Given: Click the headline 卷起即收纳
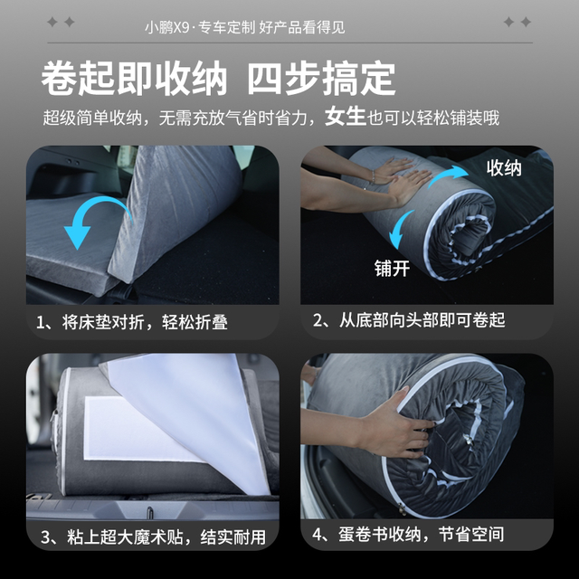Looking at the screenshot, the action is tap(134, 79).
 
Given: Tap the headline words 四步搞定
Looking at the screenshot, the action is tap(321, 79).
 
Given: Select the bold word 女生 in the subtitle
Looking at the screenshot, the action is tap(346, 117).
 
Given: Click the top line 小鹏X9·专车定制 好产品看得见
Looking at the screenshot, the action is tap(245, 28).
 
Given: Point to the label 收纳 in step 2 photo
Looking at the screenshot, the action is tap(504, 168).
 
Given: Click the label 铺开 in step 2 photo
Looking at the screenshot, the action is tap(392, 268).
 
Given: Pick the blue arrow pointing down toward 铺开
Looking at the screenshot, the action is tap(400, 230).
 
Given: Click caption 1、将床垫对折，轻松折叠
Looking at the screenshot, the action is tap(132, 322).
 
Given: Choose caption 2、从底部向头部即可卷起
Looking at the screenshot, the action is tap(409, 320).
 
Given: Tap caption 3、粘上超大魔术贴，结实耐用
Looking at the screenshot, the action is tap(153, 536).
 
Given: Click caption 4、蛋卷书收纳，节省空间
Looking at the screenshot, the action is tap(408, 535).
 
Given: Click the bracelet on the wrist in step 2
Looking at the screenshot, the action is tap(374, 176).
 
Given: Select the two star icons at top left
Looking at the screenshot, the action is tap(61, 22).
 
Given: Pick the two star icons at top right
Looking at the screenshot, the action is tap(517, 22).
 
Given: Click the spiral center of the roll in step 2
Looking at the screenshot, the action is tap(466, 236).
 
